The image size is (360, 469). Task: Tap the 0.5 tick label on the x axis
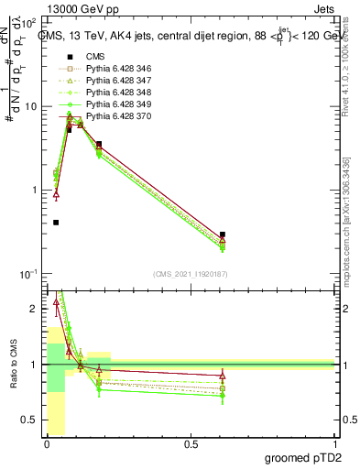pos(191,444)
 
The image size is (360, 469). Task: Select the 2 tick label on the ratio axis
pos(35,309)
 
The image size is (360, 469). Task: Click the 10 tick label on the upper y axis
pos(31,106)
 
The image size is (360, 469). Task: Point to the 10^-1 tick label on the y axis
pos(29,275)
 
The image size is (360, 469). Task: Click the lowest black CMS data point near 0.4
pos(56,223)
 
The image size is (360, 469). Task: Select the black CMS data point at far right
pos(223,234)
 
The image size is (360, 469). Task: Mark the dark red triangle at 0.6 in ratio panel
pos(223,376)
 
